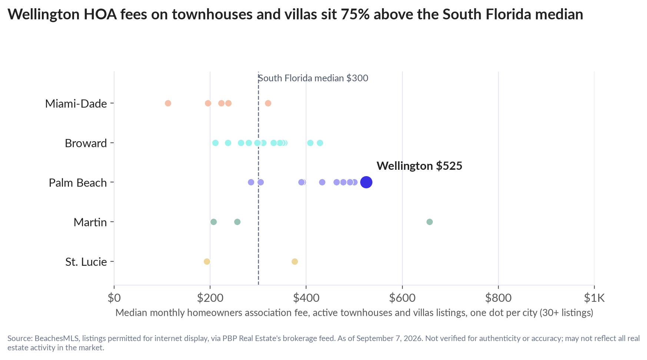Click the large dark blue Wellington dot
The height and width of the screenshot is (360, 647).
coord(366,182)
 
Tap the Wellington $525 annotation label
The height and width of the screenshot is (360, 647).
coord(419,166)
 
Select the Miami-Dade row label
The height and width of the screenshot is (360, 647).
coord(76,103)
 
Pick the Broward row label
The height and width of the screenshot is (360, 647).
coord(86,143)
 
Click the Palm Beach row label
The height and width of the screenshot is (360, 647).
coord(78,183)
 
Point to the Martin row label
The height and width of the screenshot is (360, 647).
coord(90,222)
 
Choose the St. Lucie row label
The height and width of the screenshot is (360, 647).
coord(86,262)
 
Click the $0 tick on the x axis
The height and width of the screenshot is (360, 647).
coord(114,298)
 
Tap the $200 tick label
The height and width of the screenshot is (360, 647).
coord(210,298)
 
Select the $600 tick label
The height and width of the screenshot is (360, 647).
coord(402,298)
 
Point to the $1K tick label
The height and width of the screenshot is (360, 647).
coord(594,298)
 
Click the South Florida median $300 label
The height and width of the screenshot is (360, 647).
coord(313,78)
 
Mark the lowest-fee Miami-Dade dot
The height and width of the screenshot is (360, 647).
coord(168,103)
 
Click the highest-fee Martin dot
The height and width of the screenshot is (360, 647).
coord(429,222)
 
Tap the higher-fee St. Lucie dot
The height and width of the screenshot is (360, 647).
coord(295,261)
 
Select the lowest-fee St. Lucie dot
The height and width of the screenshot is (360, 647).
coord(207,261)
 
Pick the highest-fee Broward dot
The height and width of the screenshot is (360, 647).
coord(320,143)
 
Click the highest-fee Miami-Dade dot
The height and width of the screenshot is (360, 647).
coord(268,103)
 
